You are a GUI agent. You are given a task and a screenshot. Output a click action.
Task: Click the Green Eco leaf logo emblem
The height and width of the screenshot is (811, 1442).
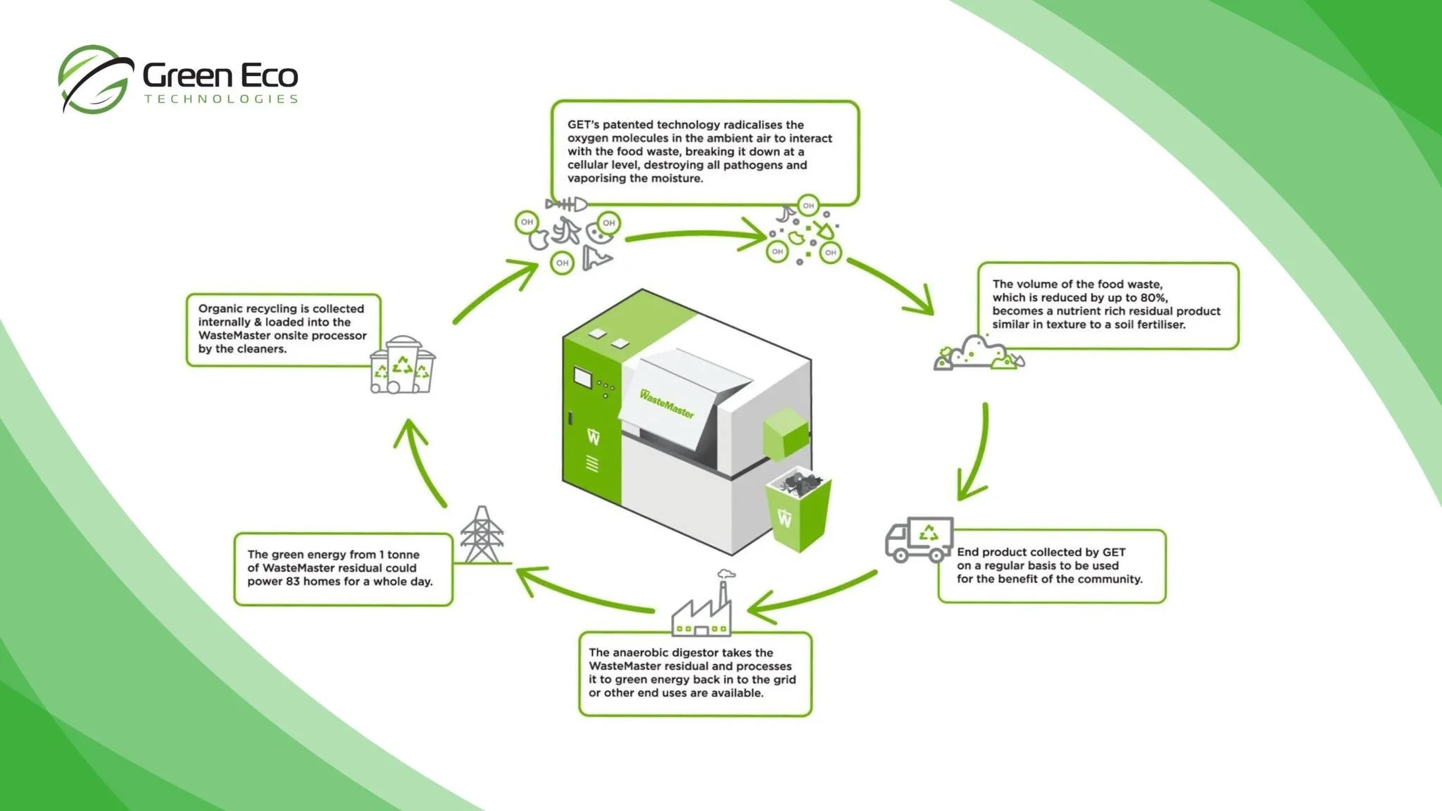[x=95, y=79]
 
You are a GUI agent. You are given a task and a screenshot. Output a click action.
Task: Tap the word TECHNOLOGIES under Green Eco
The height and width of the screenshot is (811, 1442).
[x=221, y=99]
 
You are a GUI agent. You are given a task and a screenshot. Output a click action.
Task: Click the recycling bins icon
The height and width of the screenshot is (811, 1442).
[x=403, y=365]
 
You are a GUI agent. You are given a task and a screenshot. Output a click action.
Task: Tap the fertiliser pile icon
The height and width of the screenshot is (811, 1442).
[x=979, y=353]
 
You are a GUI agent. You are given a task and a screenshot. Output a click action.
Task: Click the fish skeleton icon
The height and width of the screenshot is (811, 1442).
[x=566, y=205]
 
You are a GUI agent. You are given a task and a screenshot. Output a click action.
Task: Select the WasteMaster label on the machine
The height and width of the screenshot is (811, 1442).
[x=666, y=403]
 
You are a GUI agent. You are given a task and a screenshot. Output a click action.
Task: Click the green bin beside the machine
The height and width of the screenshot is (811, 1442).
[x=798, y=510]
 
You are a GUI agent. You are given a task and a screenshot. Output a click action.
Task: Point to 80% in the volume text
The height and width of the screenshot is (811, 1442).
[x=1149, y=298]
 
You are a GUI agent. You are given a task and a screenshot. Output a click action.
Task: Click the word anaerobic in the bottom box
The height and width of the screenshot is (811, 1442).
[x=646, y=653]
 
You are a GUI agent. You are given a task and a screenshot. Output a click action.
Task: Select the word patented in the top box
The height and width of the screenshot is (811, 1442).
[x=627, y=125]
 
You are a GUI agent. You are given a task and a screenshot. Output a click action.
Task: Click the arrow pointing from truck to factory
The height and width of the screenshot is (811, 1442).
[x=810, y=597]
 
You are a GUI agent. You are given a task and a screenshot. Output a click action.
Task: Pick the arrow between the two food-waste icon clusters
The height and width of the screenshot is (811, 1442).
[x=694, y=236]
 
